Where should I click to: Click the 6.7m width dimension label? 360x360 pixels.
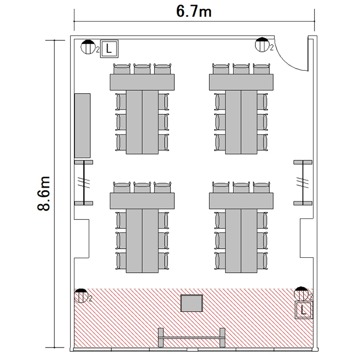tap(194, 12)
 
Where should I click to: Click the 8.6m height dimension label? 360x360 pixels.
tap(44, 193)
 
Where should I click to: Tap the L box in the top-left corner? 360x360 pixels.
tap(109, 48)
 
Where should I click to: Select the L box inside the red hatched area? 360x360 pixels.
tap(304, 310)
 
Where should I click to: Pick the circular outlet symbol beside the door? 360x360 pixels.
tap(262, 45)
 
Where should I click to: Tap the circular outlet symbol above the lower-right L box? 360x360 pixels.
tap(301, 294)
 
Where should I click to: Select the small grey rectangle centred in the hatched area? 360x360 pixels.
tap(192, 303)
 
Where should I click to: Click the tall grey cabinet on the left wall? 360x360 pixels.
tap(82, 126)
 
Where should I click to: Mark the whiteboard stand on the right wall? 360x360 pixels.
tap(303, 183)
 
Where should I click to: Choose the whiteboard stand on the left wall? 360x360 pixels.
tap(84, 183)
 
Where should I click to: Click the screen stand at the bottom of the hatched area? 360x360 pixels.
tap(192, 337)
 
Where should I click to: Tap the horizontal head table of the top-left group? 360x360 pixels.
tap(142, 82)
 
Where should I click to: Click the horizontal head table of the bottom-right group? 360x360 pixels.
tap(241, 201)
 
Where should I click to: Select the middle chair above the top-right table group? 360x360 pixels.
tap(241, 69)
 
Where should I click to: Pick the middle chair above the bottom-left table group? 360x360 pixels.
tap(142, 187)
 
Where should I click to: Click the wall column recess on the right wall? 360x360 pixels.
tap(306, 239)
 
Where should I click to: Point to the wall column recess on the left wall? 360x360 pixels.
tap(82, 239)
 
